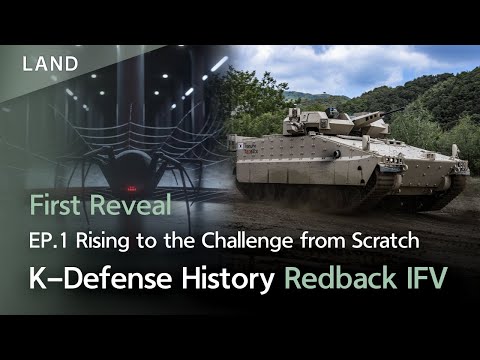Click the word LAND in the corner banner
50,63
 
